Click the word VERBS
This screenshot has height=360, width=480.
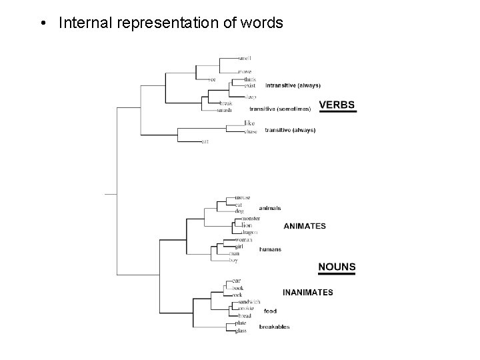pos(337,105)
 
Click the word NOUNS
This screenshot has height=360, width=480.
pos(337,267)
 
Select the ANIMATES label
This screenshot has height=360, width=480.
pos(305,226)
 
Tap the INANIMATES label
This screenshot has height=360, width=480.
pos(308,292)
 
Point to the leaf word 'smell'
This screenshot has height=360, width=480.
pos(245,58)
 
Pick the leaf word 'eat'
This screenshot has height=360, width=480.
pos(205,141)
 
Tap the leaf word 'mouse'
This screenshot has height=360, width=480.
pos(242,198)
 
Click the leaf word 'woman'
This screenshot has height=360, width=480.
pos(244,239)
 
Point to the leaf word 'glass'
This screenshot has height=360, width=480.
pos(241,330)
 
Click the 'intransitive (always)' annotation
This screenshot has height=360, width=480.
pos(293,85)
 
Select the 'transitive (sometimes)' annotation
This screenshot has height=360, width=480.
pos(279,108)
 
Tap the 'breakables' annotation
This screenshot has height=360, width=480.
pos(274,327)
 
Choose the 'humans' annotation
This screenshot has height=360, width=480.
pos(270,249)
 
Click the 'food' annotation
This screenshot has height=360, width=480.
pos(270,311)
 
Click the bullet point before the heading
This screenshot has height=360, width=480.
pos(42,24)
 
